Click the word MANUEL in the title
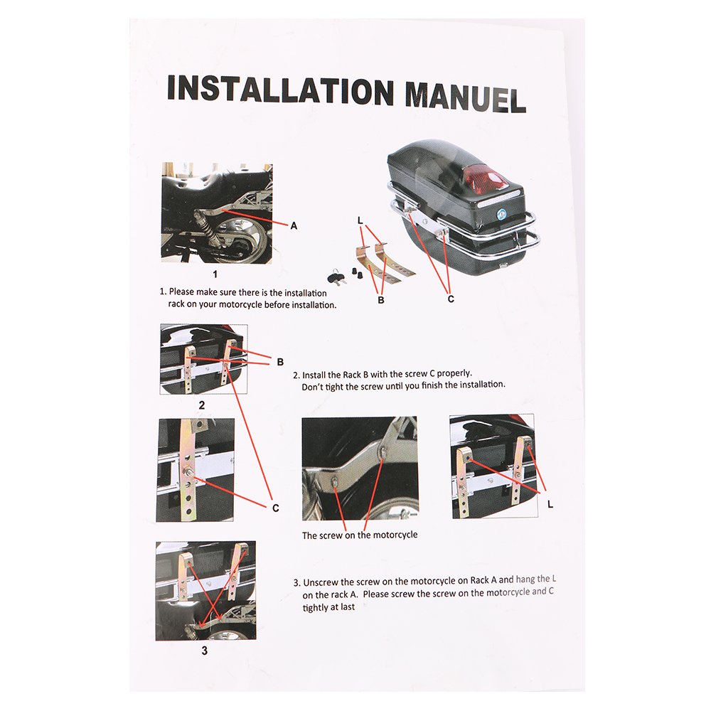(x=465, y=97)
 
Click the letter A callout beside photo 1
(x=294, y=225)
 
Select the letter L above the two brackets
(x=360, y=220)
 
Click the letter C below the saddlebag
(x=451, y=299)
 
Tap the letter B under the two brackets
(x=381, y=300)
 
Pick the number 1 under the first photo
(x=215, y=274)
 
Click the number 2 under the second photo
(x=202, y=405)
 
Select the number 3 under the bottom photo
(x=205, y=651)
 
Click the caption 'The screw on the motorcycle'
(x=360, y=535)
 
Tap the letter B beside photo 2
(x=280, y=362)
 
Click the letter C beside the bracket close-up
(x=276, y=508)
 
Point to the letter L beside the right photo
(x=550, y=504)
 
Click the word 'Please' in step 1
(x=182, y=292)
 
